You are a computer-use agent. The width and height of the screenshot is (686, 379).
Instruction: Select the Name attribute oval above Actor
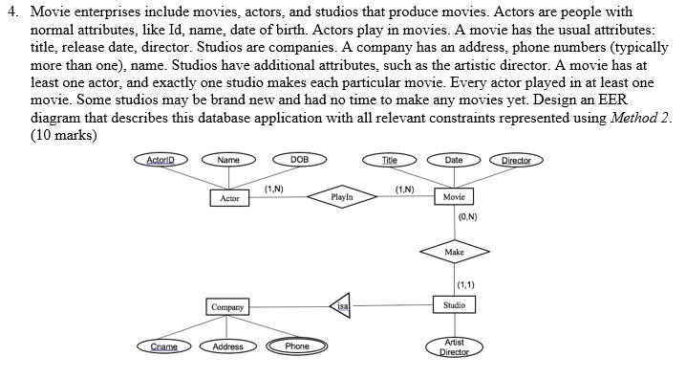(x=228, y=160)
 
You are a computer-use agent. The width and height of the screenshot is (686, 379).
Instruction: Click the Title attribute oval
(x=389, y=160)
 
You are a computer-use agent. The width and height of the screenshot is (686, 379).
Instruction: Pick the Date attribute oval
(x=455, y=160)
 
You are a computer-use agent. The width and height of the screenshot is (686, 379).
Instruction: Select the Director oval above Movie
(x=523, y=160)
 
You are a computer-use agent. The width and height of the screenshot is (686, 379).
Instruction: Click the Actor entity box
(x=229, y=198)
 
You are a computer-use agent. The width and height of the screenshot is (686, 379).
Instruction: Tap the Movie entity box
(x=455, y=196)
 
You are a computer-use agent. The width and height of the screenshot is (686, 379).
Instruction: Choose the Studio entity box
(x=455, y=305)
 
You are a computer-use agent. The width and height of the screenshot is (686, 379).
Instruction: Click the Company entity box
(x=228, y=307)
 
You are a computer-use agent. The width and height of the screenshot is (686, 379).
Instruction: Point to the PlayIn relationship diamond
(x=342, y=196)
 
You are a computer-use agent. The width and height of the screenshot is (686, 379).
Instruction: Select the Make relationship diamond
(x=455, y=251)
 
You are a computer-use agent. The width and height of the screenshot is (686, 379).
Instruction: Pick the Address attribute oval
(x=227, y=346)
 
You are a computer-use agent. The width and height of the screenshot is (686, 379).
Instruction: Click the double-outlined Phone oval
(x=297, y=346)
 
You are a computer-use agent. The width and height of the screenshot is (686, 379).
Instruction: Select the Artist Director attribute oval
(x=455, y=347)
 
